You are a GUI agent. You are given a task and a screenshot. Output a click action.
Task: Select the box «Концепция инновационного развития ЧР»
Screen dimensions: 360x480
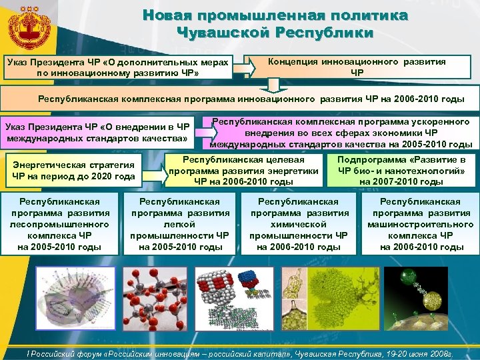pos(357,66)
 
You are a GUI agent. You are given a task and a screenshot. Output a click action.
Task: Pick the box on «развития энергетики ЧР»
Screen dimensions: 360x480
pos(243,171)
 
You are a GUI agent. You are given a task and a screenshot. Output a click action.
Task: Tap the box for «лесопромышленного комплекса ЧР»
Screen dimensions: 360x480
pos(61,224)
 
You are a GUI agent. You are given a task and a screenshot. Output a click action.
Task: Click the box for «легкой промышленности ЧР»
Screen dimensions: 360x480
pos(180,224)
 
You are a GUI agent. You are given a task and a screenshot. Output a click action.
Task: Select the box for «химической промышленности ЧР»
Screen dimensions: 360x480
pos(299,224)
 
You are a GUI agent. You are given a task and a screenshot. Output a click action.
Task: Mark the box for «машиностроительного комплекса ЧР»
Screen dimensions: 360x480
pos(420,224)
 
